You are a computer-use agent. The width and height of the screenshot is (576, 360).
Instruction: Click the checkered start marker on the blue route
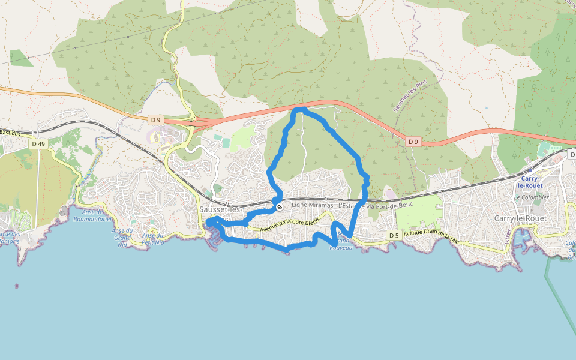[280, 208]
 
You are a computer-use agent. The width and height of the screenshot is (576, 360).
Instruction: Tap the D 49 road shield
[39, 144]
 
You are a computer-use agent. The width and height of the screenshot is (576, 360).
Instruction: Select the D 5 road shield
[394, 235]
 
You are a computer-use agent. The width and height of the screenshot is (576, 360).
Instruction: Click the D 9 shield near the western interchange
[156, 120]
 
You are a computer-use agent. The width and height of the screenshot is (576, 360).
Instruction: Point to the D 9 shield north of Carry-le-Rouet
[413, 142]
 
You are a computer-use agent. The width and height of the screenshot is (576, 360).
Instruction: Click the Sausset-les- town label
[220, 209]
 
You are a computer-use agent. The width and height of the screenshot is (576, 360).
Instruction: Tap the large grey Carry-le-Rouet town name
[520, 218]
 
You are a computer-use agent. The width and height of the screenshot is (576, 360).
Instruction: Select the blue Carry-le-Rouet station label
[530, 182]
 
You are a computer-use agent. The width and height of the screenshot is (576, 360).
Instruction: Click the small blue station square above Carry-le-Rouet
[530, 170]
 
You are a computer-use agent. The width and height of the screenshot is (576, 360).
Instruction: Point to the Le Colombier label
[531, 197]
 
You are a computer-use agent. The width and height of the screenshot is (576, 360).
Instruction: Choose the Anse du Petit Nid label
[152, 239]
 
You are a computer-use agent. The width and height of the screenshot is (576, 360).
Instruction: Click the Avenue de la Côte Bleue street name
[289, 226]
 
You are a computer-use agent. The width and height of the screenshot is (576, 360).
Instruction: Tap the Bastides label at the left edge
[11, 131]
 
